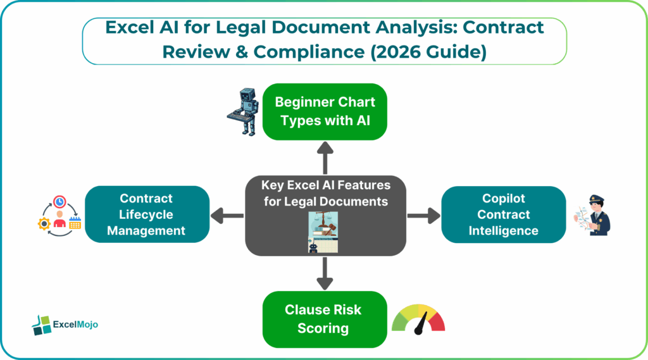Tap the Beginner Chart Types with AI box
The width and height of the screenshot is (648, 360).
click(x=325, y=111)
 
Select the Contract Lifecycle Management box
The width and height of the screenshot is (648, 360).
click(x=146, y=214)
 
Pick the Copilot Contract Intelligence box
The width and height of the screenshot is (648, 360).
click(x=503, y=214)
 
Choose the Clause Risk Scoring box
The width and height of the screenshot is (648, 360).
click(x=325, y=319)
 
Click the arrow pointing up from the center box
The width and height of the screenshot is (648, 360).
click(x=325, y=158)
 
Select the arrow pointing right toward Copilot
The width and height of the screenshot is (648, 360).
click(x=423, y=215)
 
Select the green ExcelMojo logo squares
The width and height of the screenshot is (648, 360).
click(x=41, y=325)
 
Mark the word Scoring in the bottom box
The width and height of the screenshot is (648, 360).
click(x=325, y=328)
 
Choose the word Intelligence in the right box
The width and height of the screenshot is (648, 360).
click(x=503, y=231)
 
